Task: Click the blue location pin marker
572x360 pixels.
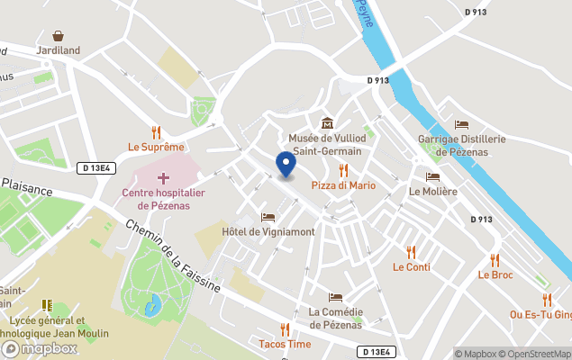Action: [286, 165]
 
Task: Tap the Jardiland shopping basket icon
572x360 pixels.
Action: [59, 36]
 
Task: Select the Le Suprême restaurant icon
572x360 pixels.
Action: [156, 131]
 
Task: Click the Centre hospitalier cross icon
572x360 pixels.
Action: [164, 178]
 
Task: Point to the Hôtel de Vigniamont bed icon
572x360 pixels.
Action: [268, 217]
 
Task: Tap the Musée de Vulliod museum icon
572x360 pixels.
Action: [325, 123]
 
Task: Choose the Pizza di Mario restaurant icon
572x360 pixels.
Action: [343, 170]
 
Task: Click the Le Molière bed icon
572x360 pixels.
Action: [432, 176]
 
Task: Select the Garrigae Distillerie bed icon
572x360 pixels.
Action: [462, 124]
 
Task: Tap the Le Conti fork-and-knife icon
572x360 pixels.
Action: [412, 252]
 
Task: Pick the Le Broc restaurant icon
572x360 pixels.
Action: [495, 260]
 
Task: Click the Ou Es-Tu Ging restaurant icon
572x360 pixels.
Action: [547, 300]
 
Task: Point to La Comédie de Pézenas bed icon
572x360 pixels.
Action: [335, 298]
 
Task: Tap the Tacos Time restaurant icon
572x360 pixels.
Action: [285, 329]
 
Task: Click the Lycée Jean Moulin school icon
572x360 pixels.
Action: [48, 306]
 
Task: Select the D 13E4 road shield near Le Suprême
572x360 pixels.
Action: [96, 167]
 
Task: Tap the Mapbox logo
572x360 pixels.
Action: [41, 348]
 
